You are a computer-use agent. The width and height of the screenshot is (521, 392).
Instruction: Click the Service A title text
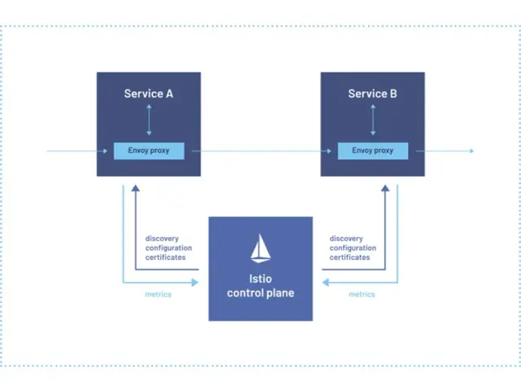point(148,94)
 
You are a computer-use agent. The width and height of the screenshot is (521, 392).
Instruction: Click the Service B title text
point(372,94)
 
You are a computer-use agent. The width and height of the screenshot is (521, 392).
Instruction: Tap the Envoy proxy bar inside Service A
point(148,151)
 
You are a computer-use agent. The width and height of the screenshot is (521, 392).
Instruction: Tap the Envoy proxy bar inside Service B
point(372,151)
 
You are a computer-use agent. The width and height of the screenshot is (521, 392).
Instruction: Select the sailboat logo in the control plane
point(260,249)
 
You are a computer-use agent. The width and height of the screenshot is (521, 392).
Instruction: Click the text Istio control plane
point(260,286)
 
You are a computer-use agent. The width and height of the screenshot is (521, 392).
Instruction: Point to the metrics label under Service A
point(158,294)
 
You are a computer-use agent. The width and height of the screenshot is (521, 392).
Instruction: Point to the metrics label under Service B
point(361,294)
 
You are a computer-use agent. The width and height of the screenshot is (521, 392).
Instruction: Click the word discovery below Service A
point(162,238)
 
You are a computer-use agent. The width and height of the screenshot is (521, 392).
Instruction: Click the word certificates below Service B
point(350,258)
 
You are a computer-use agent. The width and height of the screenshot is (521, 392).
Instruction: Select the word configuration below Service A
point(169,248)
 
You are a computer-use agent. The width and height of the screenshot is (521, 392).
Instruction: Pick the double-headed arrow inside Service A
point(148,121)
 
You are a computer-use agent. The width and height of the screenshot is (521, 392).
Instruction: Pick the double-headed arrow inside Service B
point(372,121)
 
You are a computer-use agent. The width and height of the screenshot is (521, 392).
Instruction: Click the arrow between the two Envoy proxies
point(260,151)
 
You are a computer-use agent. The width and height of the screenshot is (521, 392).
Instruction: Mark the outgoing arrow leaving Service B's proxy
point(448,151)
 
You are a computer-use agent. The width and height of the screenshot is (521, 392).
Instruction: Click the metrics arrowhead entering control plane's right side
point(326,283)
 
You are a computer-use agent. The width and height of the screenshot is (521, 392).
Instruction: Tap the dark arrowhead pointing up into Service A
point(136,189)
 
